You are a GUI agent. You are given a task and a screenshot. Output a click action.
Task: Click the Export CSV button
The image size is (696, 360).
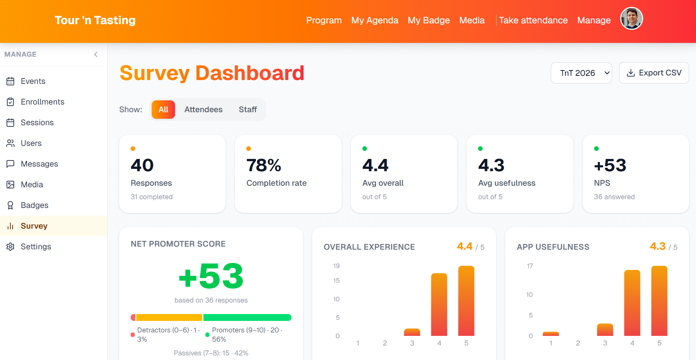(654, 73)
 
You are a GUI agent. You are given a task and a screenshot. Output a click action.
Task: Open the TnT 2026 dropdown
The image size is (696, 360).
(581, 73)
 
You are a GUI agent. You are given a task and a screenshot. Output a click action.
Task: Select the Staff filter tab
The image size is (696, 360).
(247, 110)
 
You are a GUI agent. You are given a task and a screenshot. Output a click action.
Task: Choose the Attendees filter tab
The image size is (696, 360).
(203, 110)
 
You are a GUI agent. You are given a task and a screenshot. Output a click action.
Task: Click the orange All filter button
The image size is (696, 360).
(163, 110)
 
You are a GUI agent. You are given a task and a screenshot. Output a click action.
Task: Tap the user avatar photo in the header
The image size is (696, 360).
(631, 19)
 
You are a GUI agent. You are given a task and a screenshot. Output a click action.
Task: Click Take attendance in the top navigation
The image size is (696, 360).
(533, 20)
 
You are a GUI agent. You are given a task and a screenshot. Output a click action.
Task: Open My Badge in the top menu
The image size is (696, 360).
(428, 20)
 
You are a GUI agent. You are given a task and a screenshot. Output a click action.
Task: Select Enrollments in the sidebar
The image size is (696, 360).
(43, 102)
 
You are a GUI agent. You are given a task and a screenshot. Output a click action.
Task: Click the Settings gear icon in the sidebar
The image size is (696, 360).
(10, 247)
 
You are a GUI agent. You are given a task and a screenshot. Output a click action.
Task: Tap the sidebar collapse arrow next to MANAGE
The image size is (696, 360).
(96, 54)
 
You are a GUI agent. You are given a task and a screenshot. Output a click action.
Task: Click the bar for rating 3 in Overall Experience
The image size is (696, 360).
(412, 332)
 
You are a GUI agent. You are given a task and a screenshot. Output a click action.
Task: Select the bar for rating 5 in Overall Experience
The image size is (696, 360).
(466, 301)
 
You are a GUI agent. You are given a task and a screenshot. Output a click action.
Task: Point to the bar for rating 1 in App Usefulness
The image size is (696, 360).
(550, 334)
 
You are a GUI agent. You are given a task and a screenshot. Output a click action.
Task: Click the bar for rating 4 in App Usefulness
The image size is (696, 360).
(632, 303)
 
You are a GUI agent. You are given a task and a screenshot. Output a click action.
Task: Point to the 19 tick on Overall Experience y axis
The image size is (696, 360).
(336, 266)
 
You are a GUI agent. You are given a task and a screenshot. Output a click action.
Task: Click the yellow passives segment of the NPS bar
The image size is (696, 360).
(169, 317)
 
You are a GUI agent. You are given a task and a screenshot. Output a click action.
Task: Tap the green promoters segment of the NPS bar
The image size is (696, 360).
(247, 317)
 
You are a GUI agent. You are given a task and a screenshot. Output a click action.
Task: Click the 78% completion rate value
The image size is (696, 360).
(264, 165)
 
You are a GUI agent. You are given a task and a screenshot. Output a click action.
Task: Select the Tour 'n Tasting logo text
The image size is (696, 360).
(95, 20)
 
